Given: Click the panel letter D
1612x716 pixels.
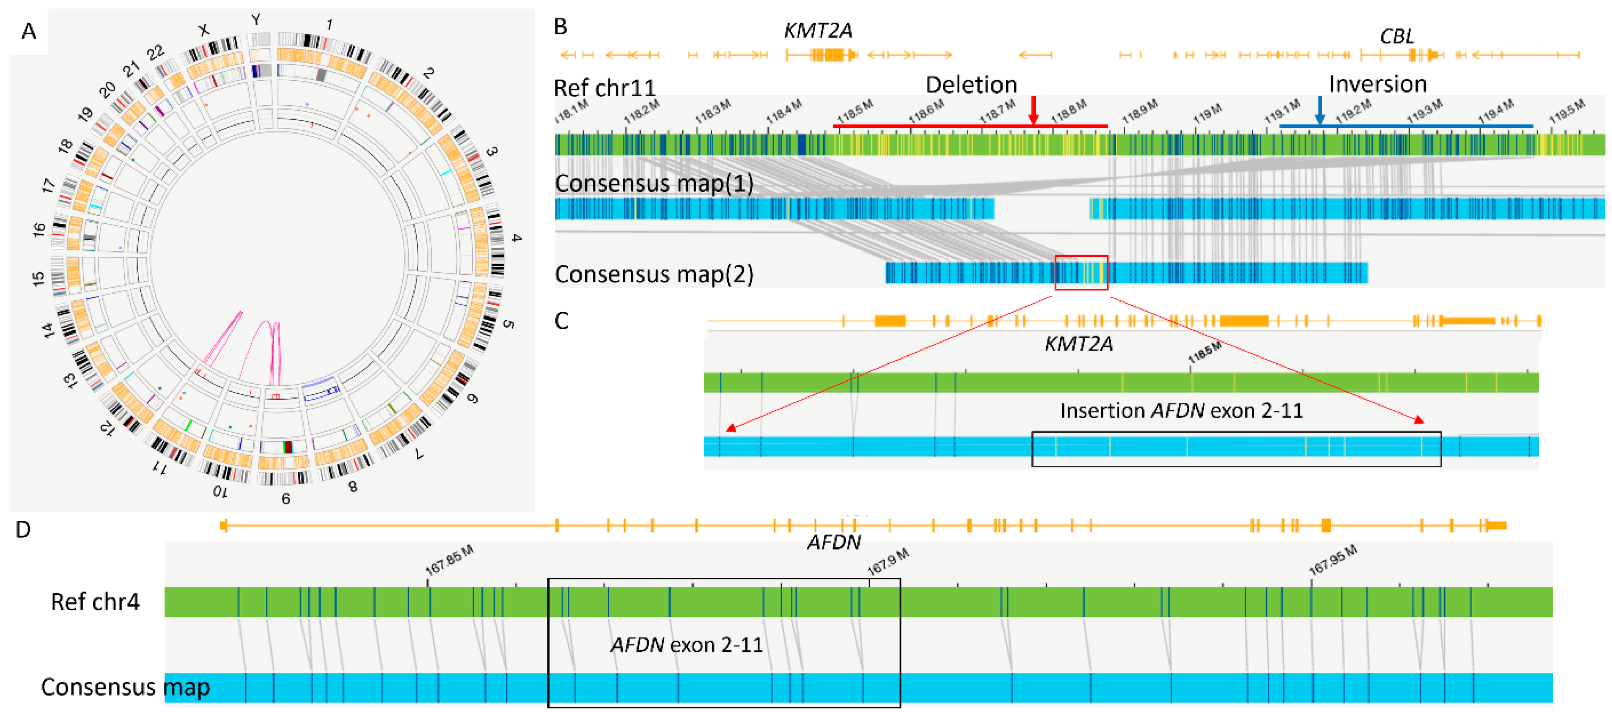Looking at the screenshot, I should click(x=23, y=529).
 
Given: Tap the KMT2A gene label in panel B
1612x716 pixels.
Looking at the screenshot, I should click(x=817, y=30).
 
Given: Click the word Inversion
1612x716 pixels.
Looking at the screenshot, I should click(x=1377, y=84).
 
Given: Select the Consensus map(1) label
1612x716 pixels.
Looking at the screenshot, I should click(x=654, y=183).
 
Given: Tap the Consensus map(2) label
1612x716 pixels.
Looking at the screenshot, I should click(x=654, y=274).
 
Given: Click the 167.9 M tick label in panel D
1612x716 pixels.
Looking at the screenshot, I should click(x=887, y=561).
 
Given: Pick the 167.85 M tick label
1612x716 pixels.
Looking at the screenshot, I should click(x=449, y=560).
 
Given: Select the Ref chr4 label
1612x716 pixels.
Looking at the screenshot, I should click(x=95, y=602).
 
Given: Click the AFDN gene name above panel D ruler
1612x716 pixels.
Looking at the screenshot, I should click(x=834, y=542).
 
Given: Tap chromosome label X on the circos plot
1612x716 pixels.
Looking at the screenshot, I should click(x=203, y=30).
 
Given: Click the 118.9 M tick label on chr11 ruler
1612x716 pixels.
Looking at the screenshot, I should click(x=1139, y=111).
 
